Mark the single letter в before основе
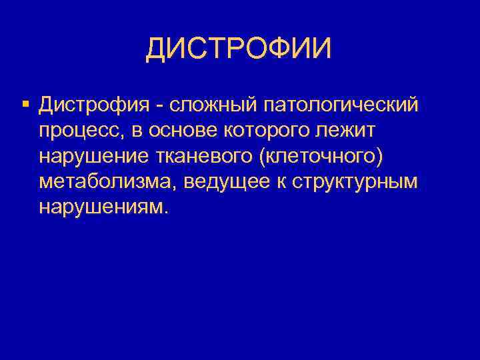[137, 131]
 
